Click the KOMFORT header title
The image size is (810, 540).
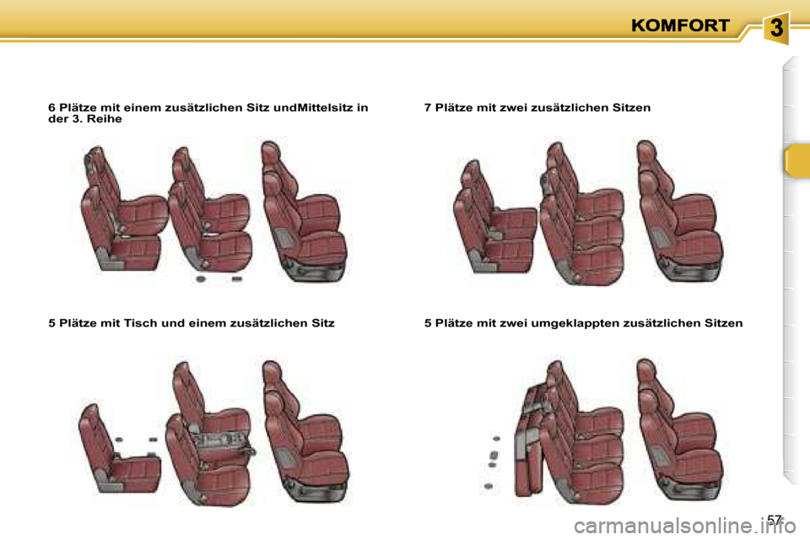point(680,25)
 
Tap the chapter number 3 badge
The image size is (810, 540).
point(776,28)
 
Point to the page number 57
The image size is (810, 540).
point(775,519)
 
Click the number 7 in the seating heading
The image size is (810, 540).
point(428,107)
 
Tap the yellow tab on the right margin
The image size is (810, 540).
point(796,161)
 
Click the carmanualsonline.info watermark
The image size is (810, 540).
point(684,527)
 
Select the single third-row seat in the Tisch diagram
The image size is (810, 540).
point(118,449)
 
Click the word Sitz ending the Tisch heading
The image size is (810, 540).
point(323,323)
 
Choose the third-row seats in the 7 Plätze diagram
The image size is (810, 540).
point(495,217)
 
